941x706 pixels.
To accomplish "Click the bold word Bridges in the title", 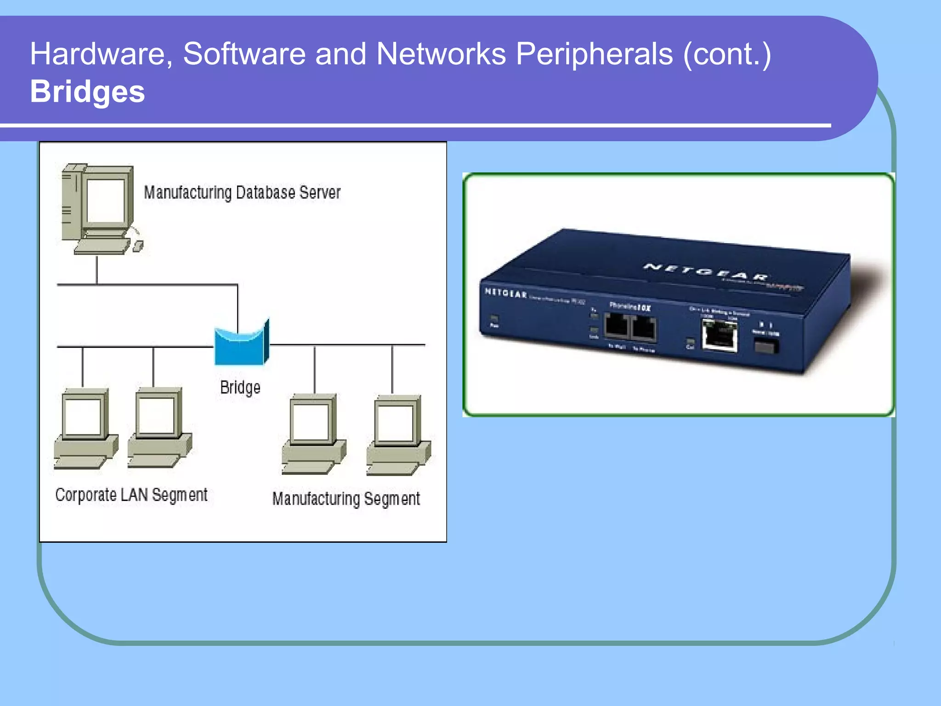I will click(x=87, y=91).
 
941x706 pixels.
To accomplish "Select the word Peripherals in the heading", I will click(x=594, y=54).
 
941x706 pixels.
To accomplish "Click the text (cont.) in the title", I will click(x=727, y=54).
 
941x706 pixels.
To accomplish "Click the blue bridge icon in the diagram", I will click(x=242, y=344).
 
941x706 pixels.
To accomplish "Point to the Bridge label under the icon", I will click(x=240, y=387).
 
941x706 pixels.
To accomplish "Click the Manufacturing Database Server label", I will click(x=242, y=192).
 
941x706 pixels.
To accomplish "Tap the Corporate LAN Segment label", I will click(x=131, y=495).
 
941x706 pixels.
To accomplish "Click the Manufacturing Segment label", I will click(x=346, y=499).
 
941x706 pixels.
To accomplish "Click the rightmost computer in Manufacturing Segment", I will click(x=398, y=435).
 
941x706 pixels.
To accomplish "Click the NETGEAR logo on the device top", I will click(x=705, y=272).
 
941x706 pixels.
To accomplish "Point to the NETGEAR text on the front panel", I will click(x=505, y=293).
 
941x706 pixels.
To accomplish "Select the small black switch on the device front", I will click(x=766, y=345).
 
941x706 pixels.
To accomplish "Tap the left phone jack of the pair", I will click(x=616, y=326).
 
